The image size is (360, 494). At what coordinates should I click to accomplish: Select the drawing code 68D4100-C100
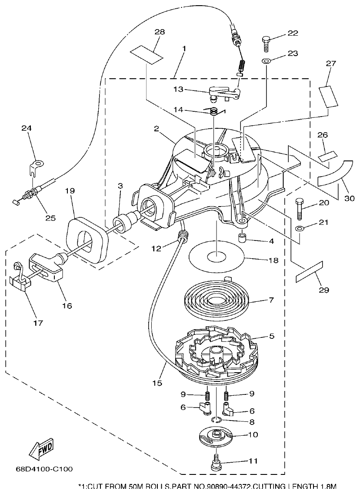44,469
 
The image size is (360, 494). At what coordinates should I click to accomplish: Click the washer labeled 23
266,61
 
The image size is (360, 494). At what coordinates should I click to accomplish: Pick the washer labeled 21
299,229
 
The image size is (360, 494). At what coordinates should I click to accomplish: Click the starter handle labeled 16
45,268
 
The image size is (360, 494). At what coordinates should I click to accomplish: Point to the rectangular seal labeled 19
87,240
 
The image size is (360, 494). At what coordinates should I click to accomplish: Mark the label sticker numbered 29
309,272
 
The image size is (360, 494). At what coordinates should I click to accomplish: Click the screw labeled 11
216,462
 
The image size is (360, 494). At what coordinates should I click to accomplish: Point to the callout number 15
157,383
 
